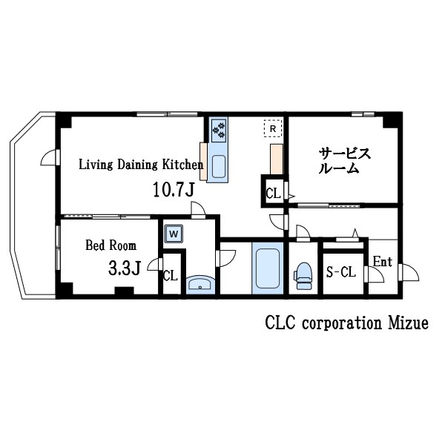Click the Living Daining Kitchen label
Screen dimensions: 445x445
pos(141,165)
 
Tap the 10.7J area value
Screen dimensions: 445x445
pos(173,190)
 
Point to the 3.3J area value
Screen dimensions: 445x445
pos(124,268)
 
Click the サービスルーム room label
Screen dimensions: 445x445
pos(344,160)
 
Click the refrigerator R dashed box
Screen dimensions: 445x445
pos(273,129)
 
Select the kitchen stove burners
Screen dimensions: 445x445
pos(219,131)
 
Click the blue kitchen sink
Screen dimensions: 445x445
pos(220,166)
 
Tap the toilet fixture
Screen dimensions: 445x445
pos(303,275)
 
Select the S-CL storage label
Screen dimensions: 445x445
pos(341,273)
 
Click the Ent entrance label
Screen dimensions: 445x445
pos(382,262)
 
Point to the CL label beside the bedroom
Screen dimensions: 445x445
pos(171,276)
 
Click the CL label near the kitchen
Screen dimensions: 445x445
pos(272,194)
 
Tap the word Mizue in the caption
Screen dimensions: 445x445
pos(409,324)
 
